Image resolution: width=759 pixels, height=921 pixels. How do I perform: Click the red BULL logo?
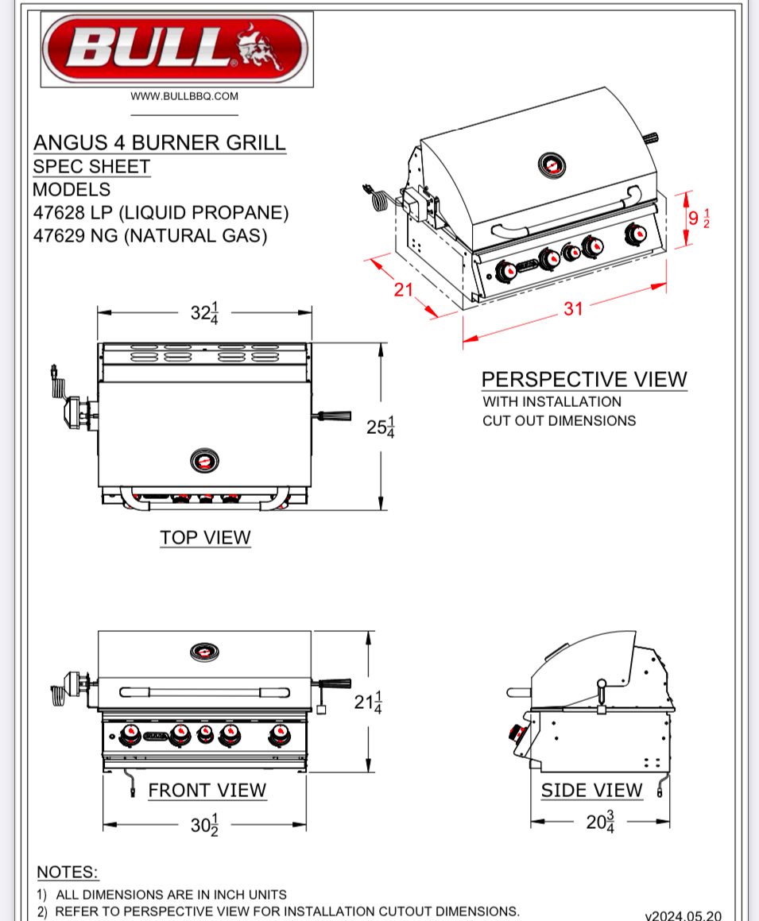coord(175,49)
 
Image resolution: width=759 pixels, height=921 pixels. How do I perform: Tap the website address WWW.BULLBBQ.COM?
coord(184,96)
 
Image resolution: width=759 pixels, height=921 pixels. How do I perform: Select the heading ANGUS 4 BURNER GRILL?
coord(159,143)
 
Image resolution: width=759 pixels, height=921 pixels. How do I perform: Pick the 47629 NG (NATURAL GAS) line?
coord(149,236)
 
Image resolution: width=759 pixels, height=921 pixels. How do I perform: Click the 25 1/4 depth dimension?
coord(381,427)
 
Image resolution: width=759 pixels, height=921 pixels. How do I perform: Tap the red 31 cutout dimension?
coord(574,308)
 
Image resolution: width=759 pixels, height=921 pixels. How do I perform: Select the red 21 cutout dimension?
coord(405,289)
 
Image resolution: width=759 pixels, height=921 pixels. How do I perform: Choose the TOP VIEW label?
coord(205,537)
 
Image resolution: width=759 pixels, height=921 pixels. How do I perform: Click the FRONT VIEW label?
coord(207,790)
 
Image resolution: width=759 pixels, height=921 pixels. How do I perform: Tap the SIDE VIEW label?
coord(591,790)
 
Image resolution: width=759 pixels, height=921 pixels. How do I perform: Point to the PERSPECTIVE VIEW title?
coord(584,379)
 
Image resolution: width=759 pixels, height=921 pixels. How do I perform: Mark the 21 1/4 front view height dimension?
coord(367,702)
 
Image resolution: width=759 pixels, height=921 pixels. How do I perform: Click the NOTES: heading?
coord(68,872)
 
